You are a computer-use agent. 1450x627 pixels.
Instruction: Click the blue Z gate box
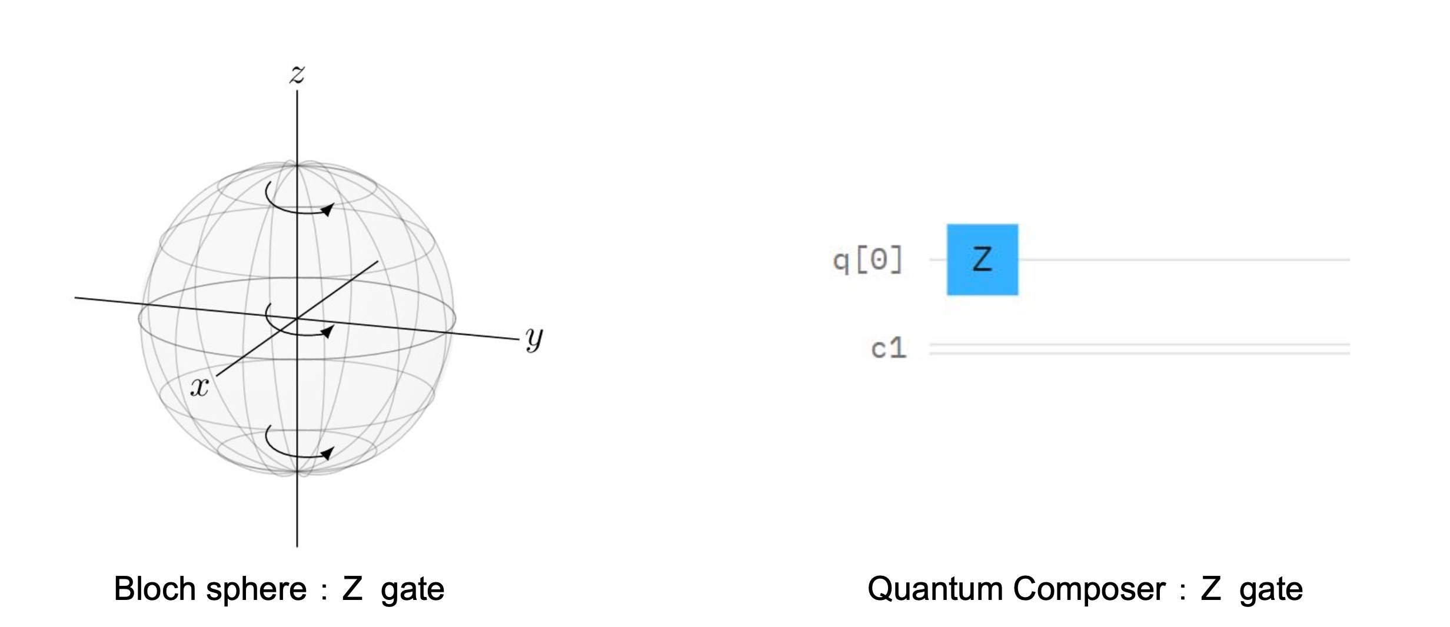click(x=982, y=259)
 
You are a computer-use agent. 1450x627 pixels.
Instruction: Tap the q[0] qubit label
click(x=867, y=260)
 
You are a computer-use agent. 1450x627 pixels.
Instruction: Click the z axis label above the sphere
click(x=297, y=74)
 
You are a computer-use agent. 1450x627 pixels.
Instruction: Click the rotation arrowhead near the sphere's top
click(x=327, y=209)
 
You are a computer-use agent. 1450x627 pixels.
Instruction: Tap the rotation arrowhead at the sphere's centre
click(x=327, y=332)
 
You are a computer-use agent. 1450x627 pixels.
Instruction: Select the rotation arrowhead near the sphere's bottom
click(x=327, y=453)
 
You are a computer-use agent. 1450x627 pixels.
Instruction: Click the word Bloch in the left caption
click(x=155, y=588)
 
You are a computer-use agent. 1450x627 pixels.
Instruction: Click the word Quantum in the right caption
click(x=935, y=589)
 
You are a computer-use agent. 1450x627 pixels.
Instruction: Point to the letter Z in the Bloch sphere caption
click(x=352, y=588)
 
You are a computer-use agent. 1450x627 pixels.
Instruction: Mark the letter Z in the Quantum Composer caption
click(x=1211, y=588)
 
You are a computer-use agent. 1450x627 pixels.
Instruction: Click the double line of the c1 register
click(x=1139, y=349)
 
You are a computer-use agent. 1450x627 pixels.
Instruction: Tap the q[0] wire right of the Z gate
click(x=1184, y=259)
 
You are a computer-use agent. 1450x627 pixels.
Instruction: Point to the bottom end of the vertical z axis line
click(x=297, y=547)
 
